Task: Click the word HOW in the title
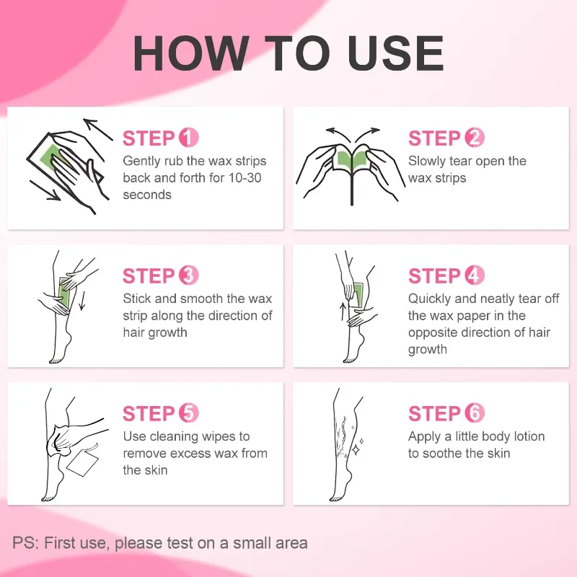(x=190, y=53)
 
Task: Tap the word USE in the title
(x=395, y=53)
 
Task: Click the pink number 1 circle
(x=189, y=138)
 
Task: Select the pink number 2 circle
(x=475, y=138)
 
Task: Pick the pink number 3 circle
(x=189, y=276)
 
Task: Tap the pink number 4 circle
(x=475, y=276)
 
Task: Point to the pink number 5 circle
(x=189, y=413)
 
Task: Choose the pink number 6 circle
(x=475, y=413)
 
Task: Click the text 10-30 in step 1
(x=245, y=178)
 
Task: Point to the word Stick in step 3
(x=137, y=299)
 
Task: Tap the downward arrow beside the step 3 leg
(x=82, y=300)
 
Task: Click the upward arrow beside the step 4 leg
(x=343, y=312)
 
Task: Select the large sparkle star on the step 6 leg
(x=356, y=449)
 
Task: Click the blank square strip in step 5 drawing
(x=83, y=463)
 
